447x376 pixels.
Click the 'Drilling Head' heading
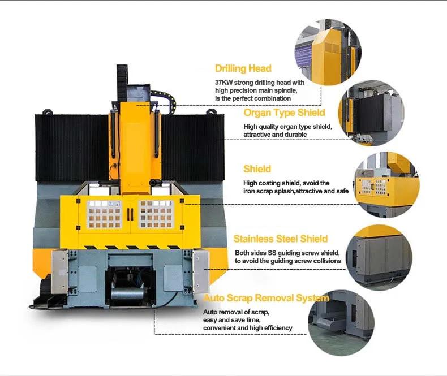click(243, 68)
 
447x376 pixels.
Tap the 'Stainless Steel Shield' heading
click(281, 239)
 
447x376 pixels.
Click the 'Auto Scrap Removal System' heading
click(266, 298)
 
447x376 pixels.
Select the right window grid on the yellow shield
click(156, 214)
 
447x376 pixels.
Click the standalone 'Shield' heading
click(257, 169)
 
